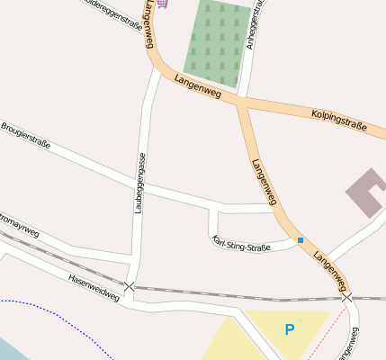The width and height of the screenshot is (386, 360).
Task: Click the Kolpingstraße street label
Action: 339,120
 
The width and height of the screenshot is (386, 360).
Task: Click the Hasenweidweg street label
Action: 94,288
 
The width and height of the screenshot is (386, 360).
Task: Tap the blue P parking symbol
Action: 290,330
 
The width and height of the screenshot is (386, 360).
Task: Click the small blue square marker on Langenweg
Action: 301,240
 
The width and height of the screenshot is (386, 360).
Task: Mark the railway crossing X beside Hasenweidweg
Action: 130,287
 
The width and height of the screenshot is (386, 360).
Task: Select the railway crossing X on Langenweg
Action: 346,297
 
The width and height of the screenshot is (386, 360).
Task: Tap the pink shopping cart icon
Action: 162,3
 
